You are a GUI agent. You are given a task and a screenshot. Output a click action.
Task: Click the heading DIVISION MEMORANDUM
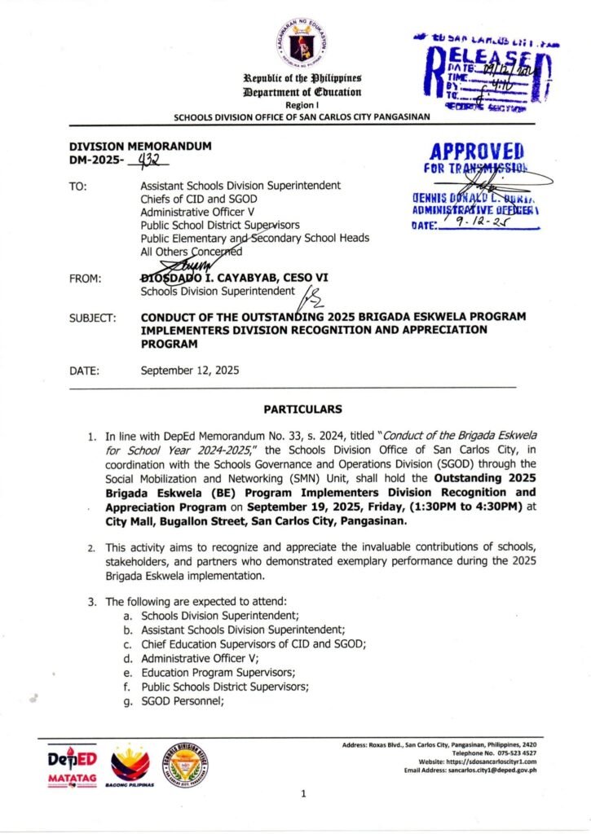140,145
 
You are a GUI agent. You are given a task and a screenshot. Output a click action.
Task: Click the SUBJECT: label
92,316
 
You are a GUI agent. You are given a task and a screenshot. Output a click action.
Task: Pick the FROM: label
86,279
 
